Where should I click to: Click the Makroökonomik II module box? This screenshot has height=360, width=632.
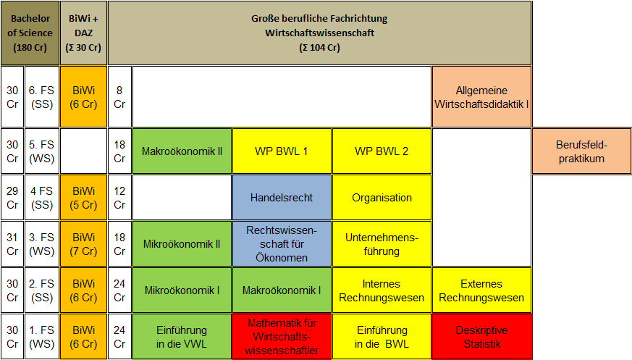coord(182,151)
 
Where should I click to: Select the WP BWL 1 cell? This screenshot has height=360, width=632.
coord(282,151)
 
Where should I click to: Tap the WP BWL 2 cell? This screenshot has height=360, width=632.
coord(382,151)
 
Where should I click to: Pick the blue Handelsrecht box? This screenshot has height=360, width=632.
coord(282,198)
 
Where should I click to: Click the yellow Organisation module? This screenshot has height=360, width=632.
coord(382,198)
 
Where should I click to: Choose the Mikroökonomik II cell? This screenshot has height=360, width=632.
coord(182,244)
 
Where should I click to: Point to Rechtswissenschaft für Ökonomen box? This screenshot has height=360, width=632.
coord(282,244)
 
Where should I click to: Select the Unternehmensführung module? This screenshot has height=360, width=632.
coord(382,244)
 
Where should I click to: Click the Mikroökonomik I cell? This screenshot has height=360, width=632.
coord(182,290)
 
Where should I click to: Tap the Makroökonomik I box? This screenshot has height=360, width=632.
coord(282,290)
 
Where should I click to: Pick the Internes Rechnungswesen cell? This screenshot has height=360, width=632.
coord(382,290)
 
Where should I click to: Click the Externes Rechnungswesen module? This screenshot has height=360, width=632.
coord(481,290)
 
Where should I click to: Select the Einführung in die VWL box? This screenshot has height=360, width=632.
coord(182,337)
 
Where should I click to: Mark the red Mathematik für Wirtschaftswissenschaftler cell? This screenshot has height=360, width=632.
coord(282,337)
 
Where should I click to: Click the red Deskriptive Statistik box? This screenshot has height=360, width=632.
coord(481,337)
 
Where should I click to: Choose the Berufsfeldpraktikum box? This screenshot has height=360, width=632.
coord(581,151)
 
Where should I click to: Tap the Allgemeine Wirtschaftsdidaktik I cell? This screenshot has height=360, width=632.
coord(481,97)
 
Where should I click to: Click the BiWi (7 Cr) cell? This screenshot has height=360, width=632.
coord(83,244)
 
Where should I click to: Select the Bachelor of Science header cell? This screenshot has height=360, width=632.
coord(30,33)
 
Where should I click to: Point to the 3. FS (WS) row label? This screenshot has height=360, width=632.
coord(42,244)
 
